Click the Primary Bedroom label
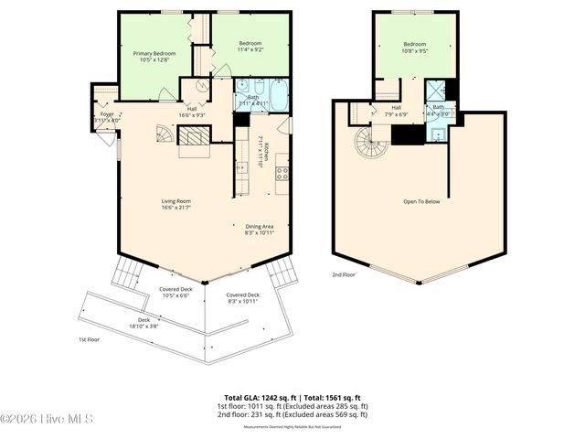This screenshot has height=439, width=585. click(152, 57)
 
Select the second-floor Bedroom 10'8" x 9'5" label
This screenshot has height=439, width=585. click(414, 48)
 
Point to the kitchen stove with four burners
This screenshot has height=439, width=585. click(282, 171)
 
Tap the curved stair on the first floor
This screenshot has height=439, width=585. click(162, 134)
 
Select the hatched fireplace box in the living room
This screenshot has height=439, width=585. click(193, 137)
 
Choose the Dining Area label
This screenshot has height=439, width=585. click(260, 230)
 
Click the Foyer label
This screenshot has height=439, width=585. click(107, 116)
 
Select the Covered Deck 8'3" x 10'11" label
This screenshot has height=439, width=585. click(243, 298)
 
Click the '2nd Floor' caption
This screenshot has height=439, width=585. click(344, 273)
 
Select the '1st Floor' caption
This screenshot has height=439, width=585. click(90, 338)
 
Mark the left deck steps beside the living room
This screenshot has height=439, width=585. click(124, 272)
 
